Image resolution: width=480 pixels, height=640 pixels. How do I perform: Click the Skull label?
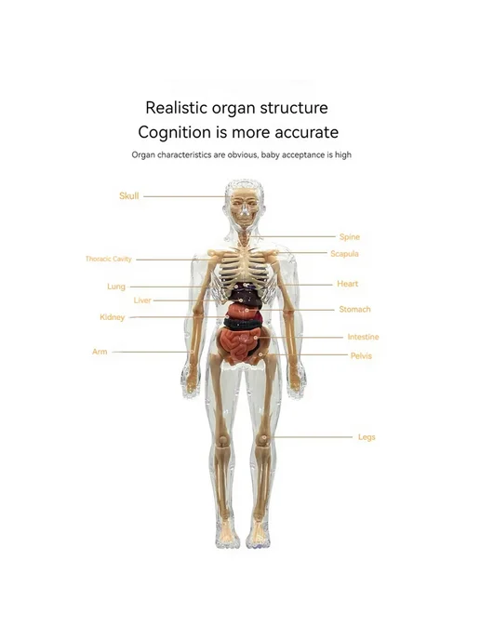point(129,196)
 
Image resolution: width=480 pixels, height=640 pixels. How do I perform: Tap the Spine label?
point(350,236)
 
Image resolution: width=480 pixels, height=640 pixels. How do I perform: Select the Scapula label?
point(344,254)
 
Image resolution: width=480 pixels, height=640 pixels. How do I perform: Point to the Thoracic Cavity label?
point(109,259)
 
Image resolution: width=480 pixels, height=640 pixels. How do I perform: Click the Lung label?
point(116,287)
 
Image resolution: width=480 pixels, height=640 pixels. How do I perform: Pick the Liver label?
point(142,300)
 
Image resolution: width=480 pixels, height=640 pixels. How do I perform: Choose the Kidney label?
point(113,317)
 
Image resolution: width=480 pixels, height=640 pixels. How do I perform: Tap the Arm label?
point(100,352)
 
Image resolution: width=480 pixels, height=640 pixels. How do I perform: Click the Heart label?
point(347,284)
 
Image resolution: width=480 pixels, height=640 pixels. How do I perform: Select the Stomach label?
point(354,310)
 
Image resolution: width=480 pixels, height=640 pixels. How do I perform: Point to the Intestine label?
point(364,337)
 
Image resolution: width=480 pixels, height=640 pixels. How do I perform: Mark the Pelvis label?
point(361,356)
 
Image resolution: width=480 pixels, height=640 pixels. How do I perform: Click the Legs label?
point(367,437)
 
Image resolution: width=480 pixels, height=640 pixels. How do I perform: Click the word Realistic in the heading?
point(177,108)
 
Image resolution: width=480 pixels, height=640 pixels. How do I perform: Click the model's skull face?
point(245,208)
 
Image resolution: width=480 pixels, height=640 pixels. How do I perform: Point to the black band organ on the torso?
point(242,325)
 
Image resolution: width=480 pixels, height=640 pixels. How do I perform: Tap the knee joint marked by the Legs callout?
point(263,439)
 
